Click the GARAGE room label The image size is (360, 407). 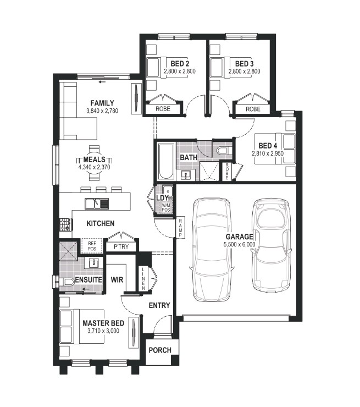tap(239, 237)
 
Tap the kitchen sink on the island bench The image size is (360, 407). tap(97, 204)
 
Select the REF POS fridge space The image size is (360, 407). tap(92, 246)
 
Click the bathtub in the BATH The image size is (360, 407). tap(166, 162)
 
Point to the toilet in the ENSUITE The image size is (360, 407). tap(67, 281)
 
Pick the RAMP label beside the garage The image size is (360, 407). tap(180, 228)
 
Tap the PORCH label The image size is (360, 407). tap(160, 350)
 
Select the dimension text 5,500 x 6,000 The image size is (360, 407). tap(239, 244)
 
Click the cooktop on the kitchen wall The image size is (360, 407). tap(66, 224)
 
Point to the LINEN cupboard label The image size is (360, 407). tap(143, 279)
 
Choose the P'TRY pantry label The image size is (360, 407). tap(121, 246)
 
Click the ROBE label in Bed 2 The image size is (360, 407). tap(163, 109)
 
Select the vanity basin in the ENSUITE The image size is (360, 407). tap(93, 263)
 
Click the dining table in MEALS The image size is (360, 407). tap(95, 163)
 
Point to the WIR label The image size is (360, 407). tap(117, 280)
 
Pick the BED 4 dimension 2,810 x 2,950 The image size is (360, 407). tap(268, 153)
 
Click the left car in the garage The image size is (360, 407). tap(212, 250)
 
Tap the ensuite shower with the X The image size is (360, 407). tap(68, 251)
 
